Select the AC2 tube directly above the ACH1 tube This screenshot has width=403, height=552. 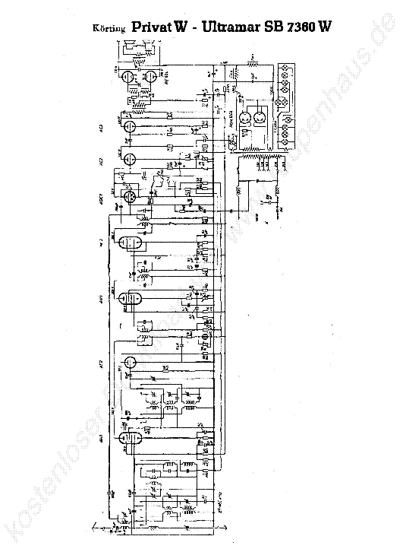[x=129, y=160]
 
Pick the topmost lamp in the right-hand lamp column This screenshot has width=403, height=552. [x=285, y=68]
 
